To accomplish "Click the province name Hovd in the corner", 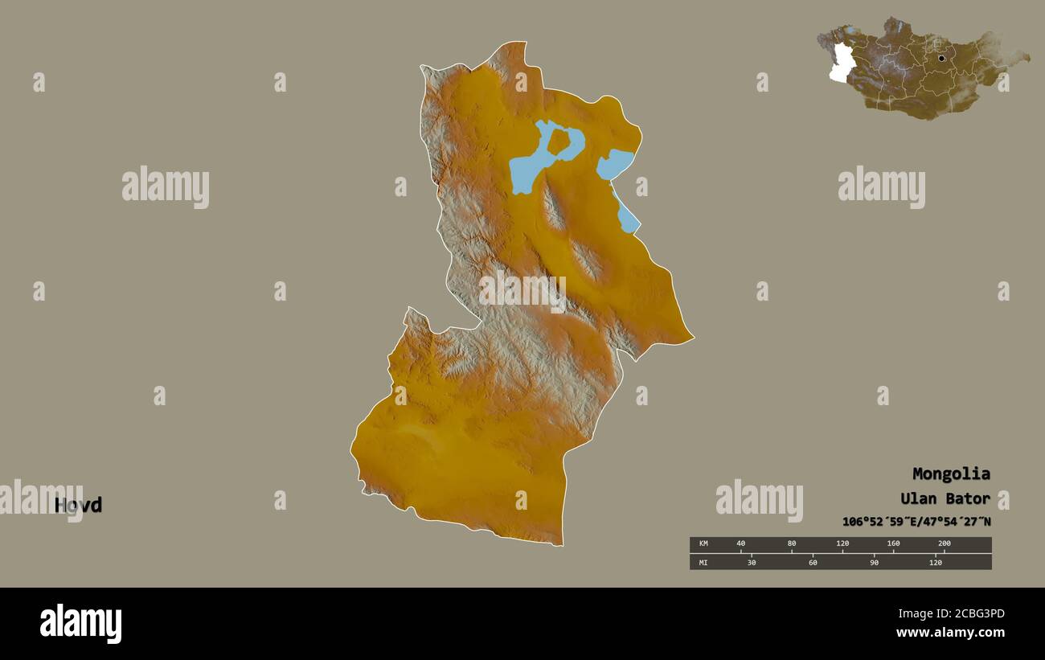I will click(78, 505).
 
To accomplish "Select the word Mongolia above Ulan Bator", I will click(950, 473).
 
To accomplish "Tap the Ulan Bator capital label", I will click(945, 498).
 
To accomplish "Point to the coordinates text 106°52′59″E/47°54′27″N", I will click(916, 522).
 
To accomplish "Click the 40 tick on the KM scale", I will click(740, 543).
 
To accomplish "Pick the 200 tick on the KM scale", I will click(944, 543).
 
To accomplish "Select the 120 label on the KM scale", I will click(842, 543).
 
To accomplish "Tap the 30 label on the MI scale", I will click(752, 562).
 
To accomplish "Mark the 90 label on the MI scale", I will click(874, 562).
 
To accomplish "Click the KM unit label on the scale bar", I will click(703, 543).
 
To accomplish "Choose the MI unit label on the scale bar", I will click(703, 562).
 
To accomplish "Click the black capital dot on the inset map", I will click(940, 58).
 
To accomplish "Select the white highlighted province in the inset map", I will click(841, 63).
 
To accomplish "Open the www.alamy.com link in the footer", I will click(950, 633).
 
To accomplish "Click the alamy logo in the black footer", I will click(80, 624).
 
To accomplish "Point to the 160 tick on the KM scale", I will click(893, 543).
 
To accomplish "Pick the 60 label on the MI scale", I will click(813, 562).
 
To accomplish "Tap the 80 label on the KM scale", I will click(791, 543).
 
